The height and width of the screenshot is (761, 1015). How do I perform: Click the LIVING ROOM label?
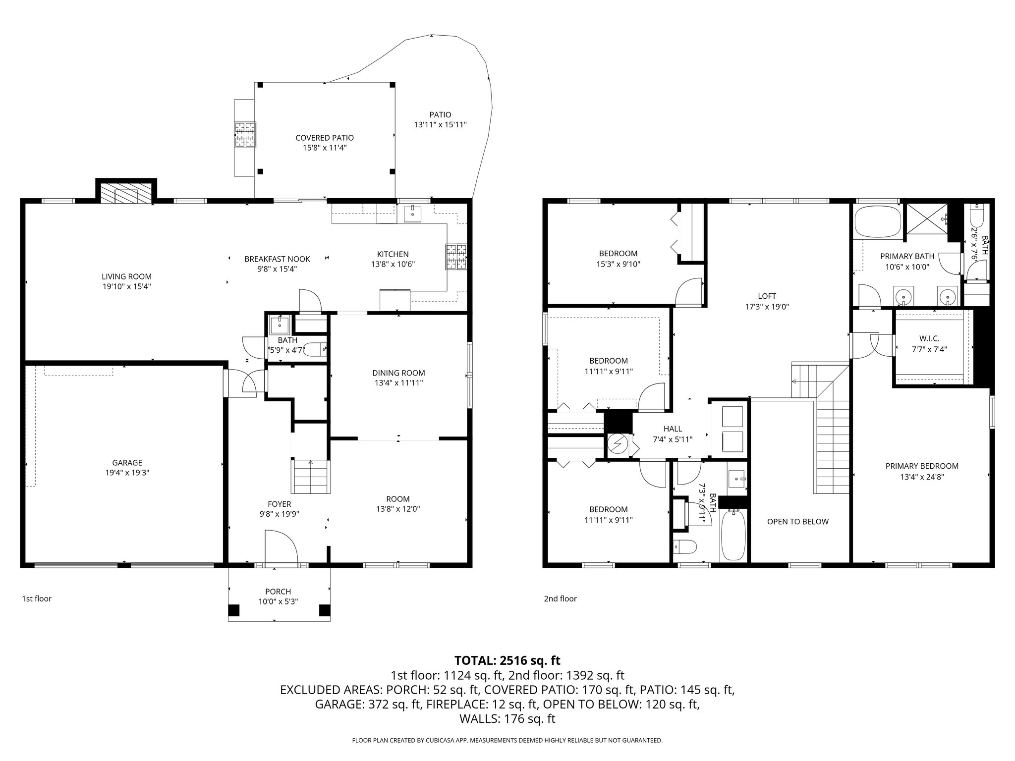tap(126, 276)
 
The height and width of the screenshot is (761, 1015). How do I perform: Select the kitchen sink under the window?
tap(412, 214)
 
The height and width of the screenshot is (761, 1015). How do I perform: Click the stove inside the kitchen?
tap(456, 257)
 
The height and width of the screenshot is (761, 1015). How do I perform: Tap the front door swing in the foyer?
tap(281, 547)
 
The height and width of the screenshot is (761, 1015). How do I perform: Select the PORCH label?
tap(278, 591)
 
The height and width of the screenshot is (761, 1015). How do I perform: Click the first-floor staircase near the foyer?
tap(311, 477)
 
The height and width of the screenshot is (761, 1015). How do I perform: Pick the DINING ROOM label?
tap(398, 373)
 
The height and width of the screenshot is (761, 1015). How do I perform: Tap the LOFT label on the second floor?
tap(767, 296)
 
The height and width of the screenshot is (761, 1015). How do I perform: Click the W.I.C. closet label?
tap(929, 338)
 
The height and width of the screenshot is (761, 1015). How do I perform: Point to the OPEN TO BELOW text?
tap(797, 521)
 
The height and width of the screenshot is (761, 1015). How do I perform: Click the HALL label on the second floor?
tap(673, 429)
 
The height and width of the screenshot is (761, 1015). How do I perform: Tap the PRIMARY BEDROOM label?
tap(922, 466)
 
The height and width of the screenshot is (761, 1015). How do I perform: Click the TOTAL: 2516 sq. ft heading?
tap(507, 660)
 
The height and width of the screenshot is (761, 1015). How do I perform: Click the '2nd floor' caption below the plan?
tap(560, 598)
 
